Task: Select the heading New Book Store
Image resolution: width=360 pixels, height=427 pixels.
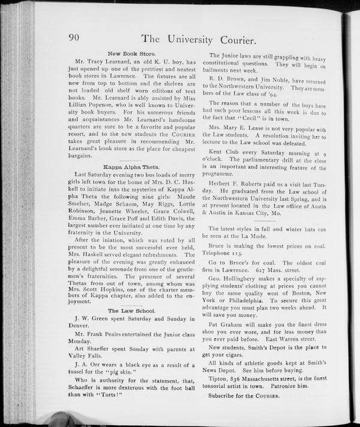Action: point(131,53)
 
